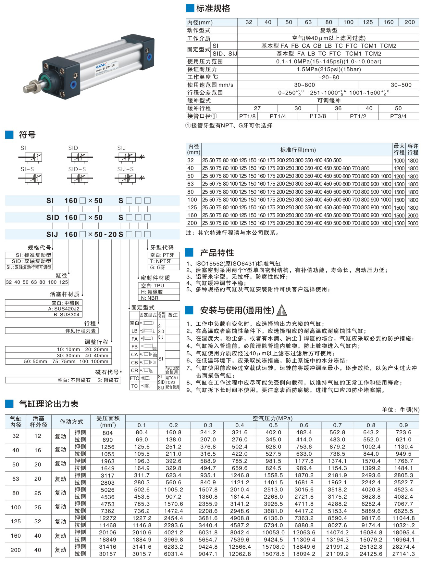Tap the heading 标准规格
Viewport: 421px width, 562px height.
coord(213,8)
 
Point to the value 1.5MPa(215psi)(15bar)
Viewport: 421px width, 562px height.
coord(328,69)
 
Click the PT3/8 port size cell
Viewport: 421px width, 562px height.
coord(317,116)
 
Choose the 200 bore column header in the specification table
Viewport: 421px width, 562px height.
coord(409,22)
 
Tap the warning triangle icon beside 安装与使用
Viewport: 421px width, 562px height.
coord(282,311)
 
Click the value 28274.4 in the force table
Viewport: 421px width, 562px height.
coord(403,547)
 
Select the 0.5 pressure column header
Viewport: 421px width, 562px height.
coord(273,425)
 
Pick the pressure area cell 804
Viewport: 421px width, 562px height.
coord(107,433)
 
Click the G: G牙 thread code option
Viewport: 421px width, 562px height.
coord(158,267)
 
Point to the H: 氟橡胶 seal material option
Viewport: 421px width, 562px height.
coord(152,292)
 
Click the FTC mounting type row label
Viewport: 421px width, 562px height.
coord(134,378)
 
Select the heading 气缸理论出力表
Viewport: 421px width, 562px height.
coord(49,404)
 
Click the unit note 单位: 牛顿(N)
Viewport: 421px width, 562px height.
coord(400,410)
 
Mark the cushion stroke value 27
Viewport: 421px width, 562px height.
coord(257,108)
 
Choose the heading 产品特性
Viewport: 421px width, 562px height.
coord(217,253)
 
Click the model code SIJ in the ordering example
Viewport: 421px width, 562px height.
coord(52,234)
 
